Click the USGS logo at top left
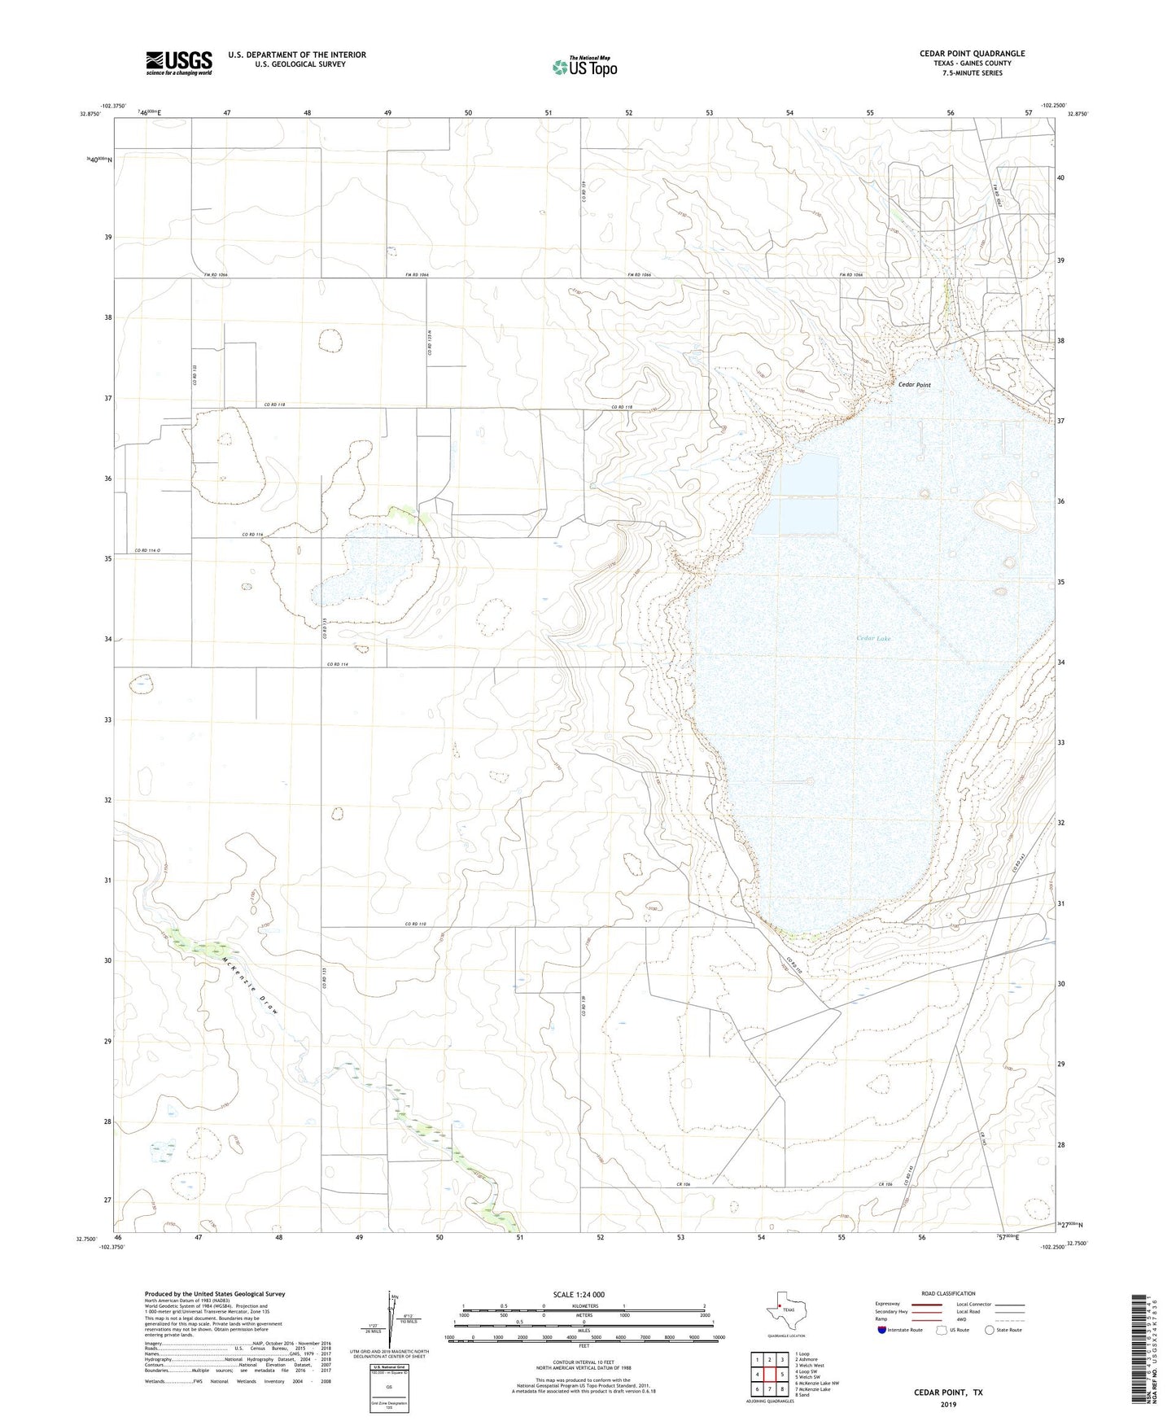coord(178,63)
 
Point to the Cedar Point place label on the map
coord(914,385)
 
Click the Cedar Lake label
coord(873,638)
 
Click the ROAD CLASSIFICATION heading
coord(947,1293)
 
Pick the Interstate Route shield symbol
coord(881,1330)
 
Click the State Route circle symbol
coord(990,1330)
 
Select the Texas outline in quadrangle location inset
coord(785,1310)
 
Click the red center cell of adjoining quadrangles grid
coord(769,1375)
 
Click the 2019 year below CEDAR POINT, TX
coord(947,1404)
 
